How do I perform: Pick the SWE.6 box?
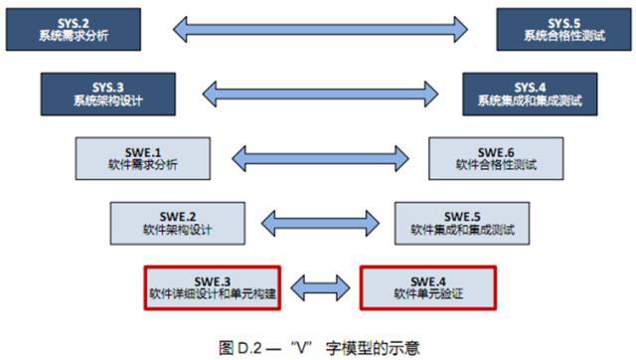pyautogui.click(x=492, y=157)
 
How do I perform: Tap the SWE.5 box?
pyautogui.click(x=460, y=221)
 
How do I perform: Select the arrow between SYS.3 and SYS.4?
pyautogui.click(x=317, y=94)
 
